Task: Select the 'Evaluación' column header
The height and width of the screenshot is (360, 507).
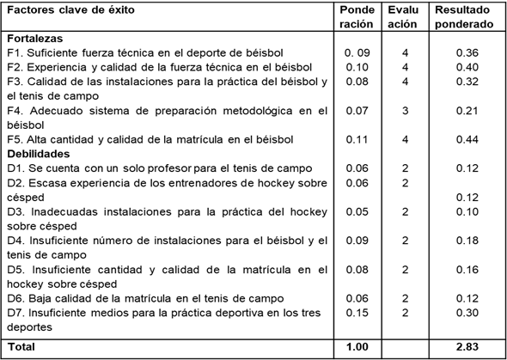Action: coord(402,17)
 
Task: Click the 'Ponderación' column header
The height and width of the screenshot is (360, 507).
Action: coord(357,17)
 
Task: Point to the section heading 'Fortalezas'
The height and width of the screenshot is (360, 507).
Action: coord(35,40)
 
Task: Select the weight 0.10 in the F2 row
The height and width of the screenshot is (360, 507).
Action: coord(357,66)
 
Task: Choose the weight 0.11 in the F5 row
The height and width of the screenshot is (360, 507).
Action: coord(357,138)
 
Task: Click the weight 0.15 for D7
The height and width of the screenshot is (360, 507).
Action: coord(357,314)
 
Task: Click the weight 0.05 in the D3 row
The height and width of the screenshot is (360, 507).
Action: coord(357,211)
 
